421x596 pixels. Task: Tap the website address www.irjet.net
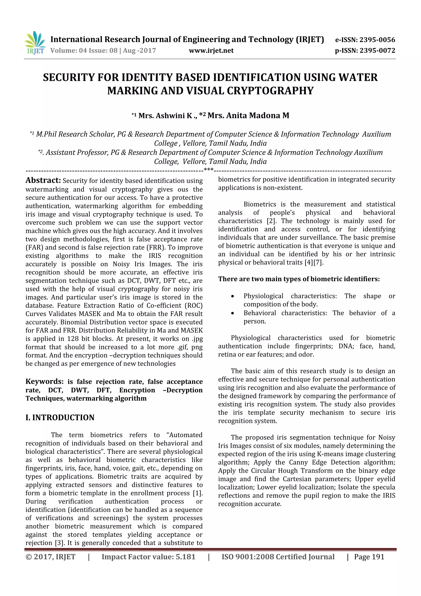[x=211, y=50]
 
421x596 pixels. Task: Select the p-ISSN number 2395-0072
[x=377, y=50]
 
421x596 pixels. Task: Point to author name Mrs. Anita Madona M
[x=248, y=115]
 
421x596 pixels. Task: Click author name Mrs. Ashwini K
[x=165, y=115]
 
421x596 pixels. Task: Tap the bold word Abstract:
[x=43, y=180]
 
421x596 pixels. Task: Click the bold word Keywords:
[x=44, y=381]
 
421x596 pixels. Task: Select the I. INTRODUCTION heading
[x=60, y=417]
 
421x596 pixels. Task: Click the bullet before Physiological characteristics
[x=233, y=296]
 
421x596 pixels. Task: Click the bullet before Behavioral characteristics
[x=233, y=313]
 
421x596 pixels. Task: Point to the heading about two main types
[x=299, y=279]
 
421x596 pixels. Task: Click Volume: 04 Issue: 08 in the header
[x=84, y=50]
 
